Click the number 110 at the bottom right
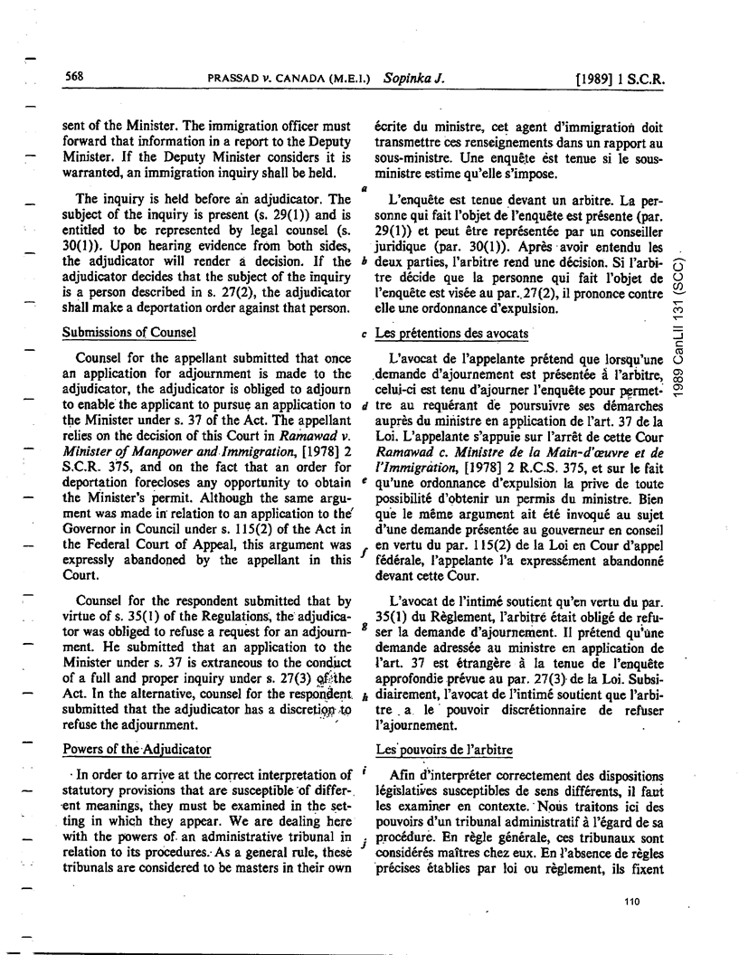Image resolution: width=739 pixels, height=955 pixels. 631,901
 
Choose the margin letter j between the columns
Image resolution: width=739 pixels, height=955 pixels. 362,840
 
